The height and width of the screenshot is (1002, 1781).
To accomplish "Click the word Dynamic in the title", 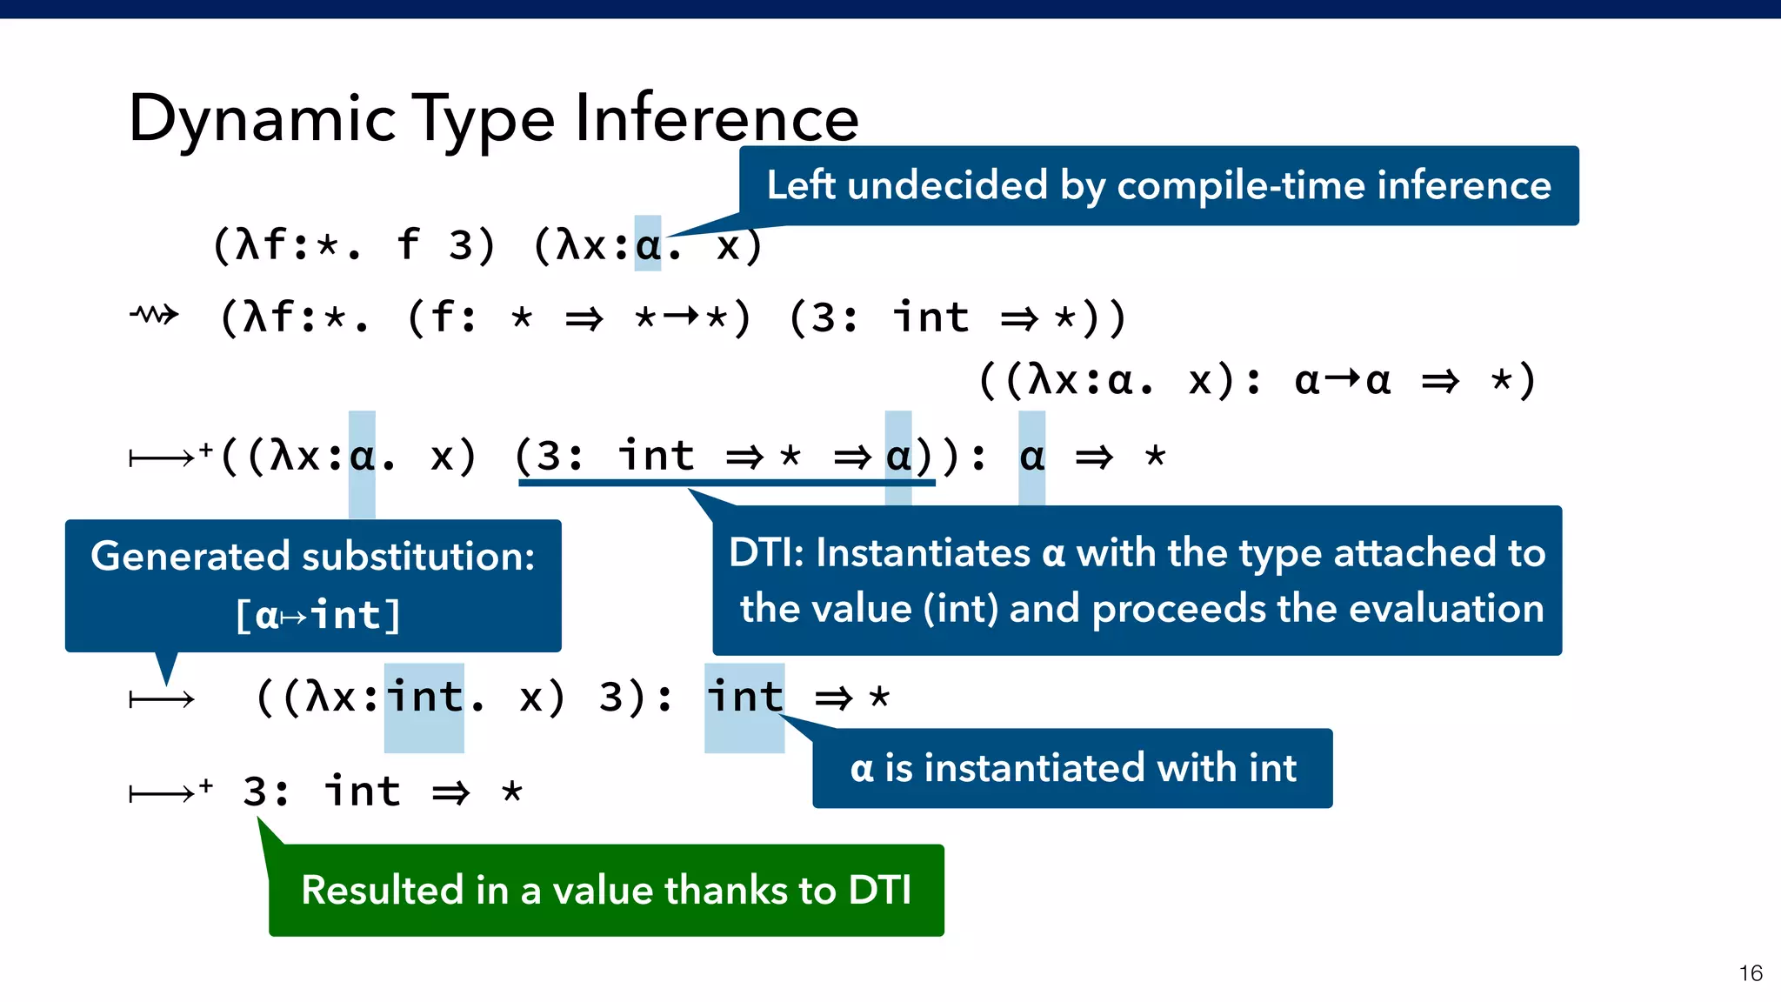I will pos(261,120).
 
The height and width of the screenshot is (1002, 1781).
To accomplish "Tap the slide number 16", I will pos(1750,973).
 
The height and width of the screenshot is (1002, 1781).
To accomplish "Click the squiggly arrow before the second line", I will pos(155,315).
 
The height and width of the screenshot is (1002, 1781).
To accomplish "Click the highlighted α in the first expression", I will pos(648,244).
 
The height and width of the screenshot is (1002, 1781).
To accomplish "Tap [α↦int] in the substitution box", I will pos(317,615).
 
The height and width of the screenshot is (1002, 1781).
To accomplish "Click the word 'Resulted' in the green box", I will pos(382,890).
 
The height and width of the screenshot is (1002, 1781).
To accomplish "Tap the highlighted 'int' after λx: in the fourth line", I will pos(424,698).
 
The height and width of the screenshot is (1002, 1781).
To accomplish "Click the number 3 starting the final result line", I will pos(255,792).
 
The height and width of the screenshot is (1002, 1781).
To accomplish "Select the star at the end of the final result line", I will pos(512,792).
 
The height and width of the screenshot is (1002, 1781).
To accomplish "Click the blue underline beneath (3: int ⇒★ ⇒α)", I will pos(726,483).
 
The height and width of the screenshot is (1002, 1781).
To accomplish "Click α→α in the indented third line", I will pos(1343,380).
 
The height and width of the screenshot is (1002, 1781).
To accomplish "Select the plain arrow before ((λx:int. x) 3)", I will pos(162,699).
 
